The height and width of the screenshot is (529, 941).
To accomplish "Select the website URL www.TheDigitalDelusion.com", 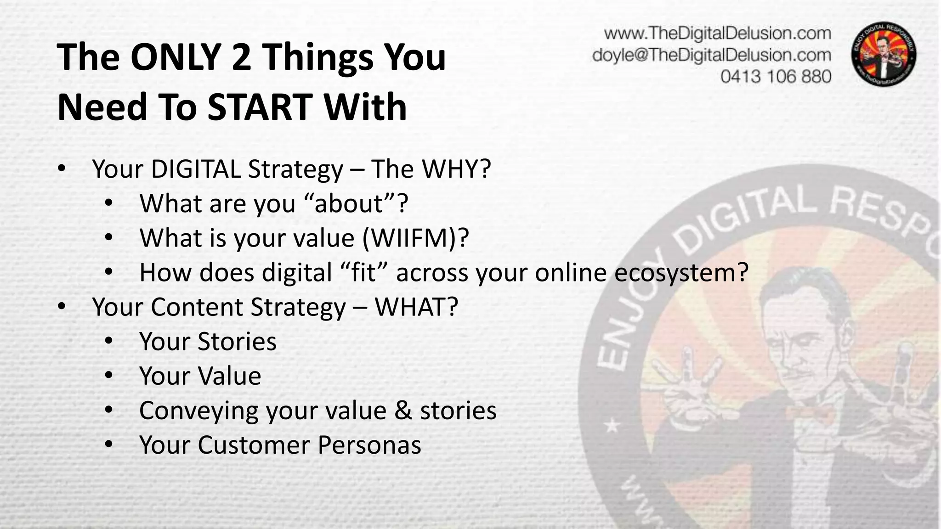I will point(717,34).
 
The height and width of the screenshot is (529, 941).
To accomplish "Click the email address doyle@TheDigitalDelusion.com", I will point(711,55).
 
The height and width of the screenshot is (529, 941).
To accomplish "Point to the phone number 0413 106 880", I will point(776,76).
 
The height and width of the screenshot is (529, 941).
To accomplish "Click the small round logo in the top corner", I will point(884,54).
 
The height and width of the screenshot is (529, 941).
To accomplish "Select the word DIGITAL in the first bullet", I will point(196,169).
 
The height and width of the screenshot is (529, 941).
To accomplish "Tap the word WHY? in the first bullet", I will point(457,169).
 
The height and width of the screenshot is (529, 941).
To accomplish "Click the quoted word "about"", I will point(349,203).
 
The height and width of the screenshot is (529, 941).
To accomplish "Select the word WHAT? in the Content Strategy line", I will point(416,307).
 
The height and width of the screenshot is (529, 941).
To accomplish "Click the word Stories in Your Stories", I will point(237,342).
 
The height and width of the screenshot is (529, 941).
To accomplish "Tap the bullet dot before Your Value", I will point(108,376).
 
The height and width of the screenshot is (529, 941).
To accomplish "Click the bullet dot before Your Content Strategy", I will point(62,306).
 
